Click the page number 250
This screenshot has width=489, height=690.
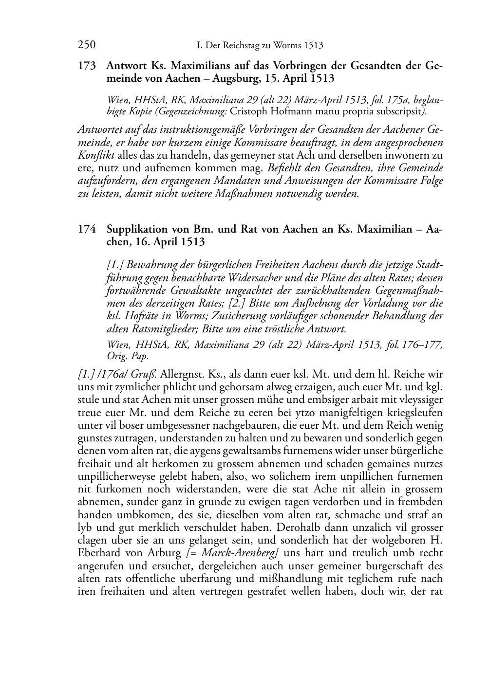point(86,45)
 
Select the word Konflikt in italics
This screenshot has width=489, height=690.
point(96,156)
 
